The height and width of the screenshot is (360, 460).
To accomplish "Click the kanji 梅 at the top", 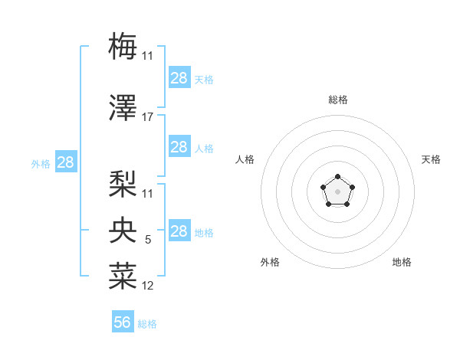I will [x=123, y=46].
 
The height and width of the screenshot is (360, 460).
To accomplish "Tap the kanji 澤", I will [x=123, y=110].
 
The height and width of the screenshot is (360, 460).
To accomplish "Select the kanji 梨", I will [x=123, y=184].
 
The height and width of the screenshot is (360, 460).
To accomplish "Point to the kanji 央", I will [x=123, y=231].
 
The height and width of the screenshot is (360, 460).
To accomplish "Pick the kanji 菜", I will [x=123, y=277].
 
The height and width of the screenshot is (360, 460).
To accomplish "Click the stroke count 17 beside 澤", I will [x=148, y=117].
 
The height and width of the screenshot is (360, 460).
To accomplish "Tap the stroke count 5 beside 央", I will [x=148, y=240].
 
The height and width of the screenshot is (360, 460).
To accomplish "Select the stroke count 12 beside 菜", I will [x=148, y=286].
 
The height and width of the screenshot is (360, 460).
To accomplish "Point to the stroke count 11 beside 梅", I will [x=148, y=55].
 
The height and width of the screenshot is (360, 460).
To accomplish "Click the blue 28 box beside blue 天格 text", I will [x=179, y=78].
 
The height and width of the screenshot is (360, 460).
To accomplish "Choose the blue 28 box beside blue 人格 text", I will [x=179, y=147].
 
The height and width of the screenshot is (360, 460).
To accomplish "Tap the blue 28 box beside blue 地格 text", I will [x=179, y=231].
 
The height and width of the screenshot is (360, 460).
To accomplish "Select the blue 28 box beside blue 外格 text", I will [x=65, y=162].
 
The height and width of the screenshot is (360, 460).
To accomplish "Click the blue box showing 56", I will [x=123, y=322].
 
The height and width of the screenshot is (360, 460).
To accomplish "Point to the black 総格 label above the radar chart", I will [x=337, y=100].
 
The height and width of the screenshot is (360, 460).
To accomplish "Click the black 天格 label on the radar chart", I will [x=431, y=159].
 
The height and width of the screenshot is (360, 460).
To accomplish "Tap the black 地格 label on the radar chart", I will [x=402, y=262].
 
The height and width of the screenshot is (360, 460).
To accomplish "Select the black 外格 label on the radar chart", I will [x=270, y=262].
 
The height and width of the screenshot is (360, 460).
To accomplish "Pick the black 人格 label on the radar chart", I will [x=245, y=159].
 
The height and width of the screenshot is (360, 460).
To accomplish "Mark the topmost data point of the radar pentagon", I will [x=337, y=177].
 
